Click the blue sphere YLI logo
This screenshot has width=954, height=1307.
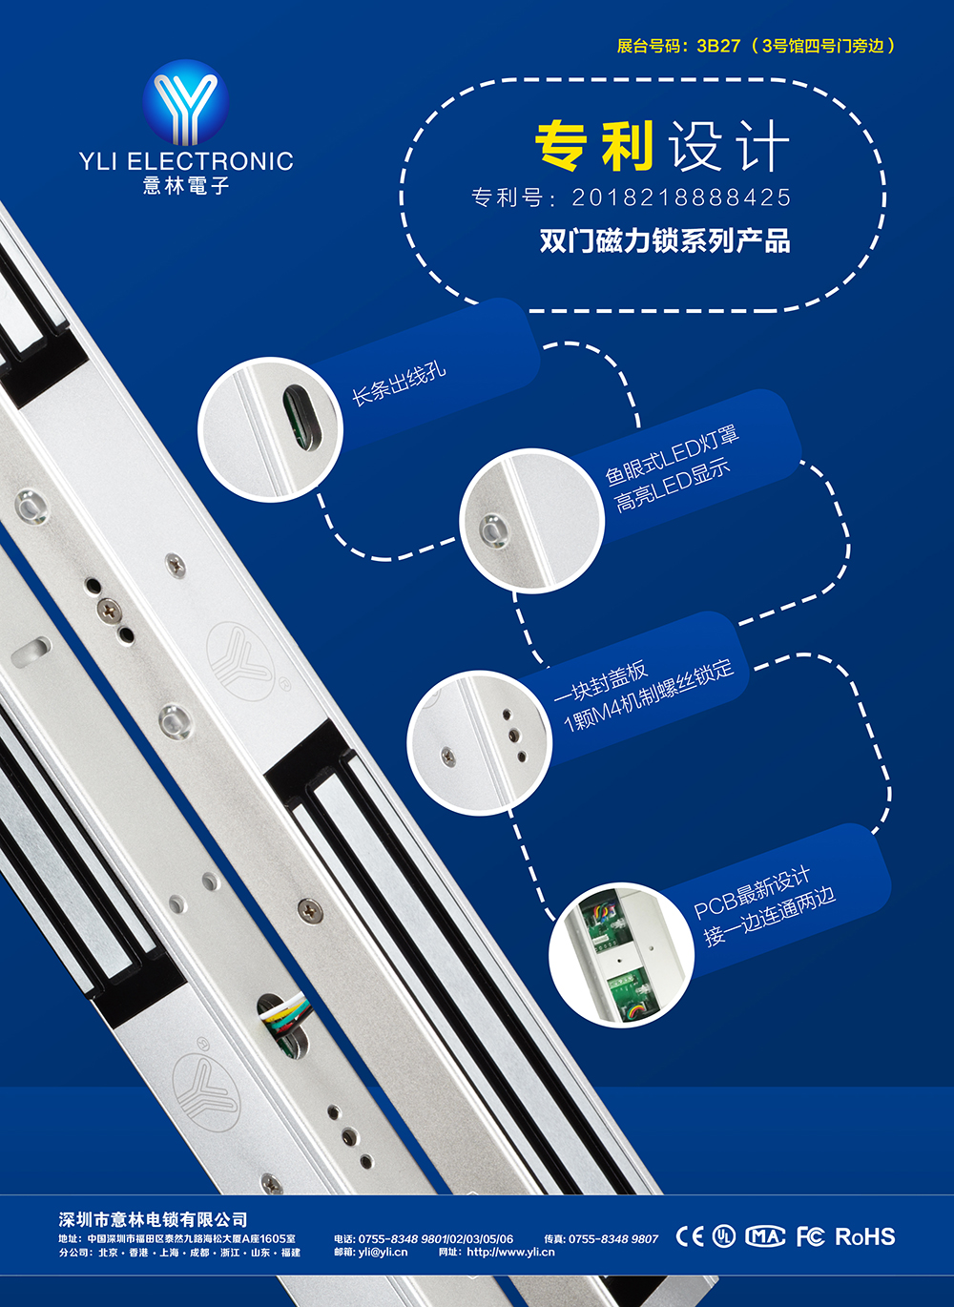click(185, 101)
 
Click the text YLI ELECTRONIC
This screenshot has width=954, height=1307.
click(186, 161)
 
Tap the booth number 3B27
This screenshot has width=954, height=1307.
click(718, 46)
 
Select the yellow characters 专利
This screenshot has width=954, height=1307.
click(594, 145)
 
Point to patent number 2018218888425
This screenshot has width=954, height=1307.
click(681, 197)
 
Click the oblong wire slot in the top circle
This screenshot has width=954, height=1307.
click(302, 419)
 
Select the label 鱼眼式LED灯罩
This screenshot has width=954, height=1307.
click(673, 456)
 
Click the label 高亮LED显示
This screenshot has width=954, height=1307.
click(674, 486)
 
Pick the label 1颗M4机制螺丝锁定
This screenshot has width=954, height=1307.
click(649, 696)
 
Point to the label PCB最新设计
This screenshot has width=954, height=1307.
click(752, 892)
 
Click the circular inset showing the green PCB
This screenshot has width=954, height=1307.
click(621, 955)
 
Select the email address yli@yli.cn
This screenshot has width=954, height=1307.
click(383, 1253)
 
